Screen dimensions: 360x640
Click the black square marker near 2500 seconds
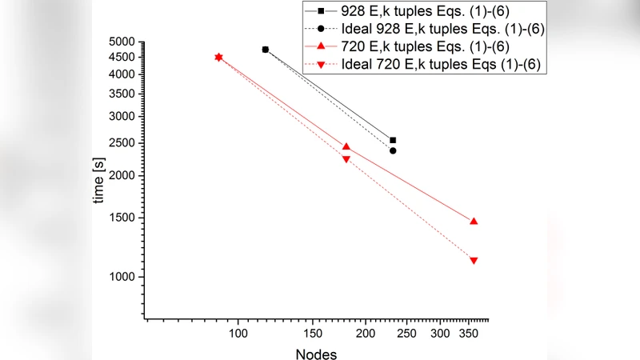[393, 140]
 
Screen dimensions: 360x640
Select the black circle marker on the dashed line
[393, 150]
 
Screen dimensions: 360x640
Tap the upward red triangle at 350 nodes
[474, 221]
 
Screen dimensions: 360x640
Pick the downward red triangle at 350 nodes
[474, 261]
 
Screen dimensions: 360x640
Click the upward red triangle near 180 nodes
[346, 146]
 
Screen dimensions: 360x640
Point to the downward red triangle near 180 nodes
[346, 159]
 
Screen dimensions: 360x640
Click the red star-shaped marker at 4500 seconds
[218, 57]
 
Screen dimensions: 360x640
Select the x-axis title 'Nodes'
[316, 354]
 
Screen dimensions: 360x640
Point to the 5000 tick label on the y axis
[122, 42]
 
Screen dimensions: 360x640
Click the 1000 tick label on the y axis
[122, 277]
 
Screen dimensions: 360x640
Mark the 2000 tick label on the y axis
[122, 175]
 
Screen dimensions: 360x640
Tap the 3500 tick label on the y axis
[122, 94]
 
